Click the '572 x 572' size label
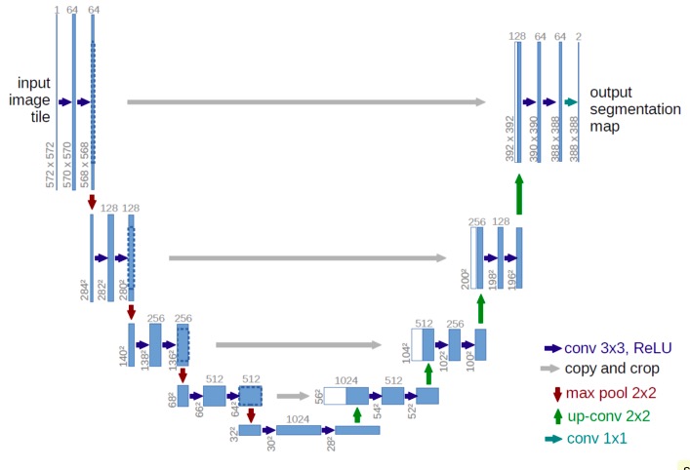point(51,164)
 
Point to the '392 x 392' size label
point(509,139)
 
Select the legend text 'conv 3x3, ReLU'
point(618,347)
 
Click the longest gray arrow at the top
point(305,101)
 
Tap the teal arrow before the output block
point(571,101)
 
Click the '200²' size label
point(465,279)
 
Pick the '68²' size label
point(172,400)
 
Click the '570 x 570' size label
point(68,164)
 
